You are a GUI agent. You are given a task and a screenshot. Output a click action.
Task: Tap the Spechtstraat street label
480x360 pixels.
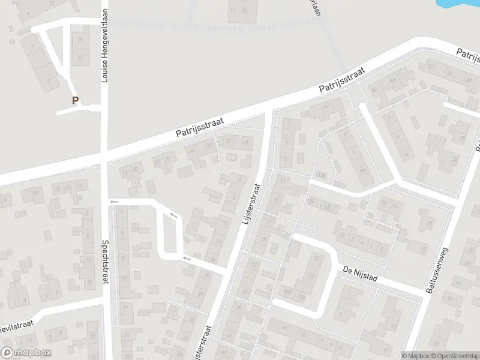[104, 263]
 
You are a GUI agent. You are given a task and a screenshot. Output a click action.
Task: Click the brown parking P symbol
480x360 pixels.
[75, 101]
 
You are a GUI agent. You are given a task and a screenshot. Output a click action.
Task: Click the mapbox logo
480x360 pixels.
[26, 353]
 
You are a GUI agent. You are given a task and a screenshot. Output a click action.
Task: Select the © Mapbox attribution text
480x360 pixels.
[415, 356]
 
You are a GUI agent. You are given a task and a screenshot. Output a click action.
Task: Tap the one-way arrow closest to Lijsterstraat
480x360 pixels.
[187, 258]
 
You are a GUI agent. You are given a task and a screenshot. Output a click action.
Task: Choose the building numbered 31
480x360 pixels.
[80, 58]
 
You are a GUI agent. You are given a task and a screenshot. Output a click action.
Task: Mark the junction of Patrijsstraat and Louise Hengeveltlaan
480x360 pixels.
[104, 158]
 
